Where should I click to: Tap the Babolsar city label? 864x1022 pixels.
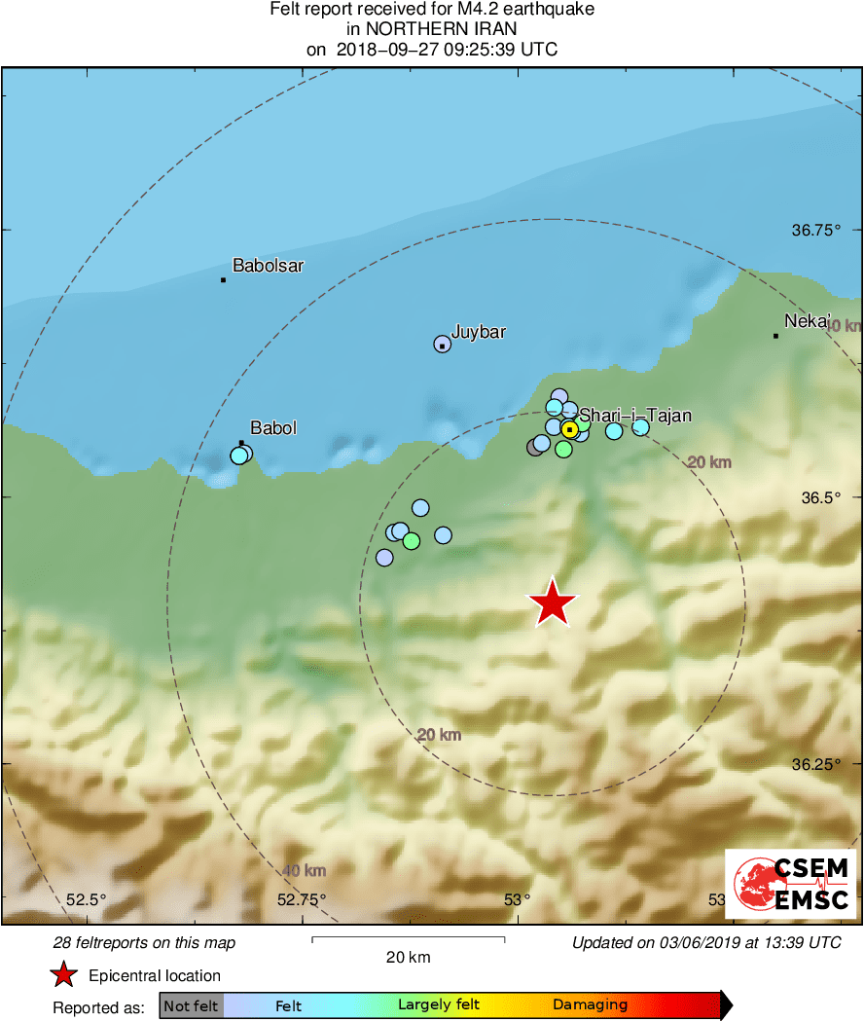(x=268, y=265)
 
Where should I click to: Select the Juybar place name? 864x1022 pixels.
(x=478, y=332)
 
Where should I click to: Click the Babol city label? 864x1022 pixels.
(x=273, y=427)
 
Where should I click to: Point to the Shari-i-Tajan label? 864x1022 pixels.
(x=635, y=416)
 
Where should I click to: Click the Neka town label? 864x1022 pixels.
(x=807, y=320)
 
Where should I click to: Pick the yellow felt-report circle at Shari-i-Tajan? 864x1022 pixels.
(x=570, y=428)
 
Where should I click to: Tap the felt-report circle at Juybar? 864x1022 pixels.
(x=442, y=344)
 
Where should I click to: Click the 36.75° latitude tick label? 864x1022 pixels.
(x=814, y=231)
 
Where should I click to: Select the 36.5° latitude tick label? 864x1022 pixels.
(x=819, y=497)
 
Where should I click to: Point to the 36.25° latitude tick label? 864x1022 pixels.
(x=814, y=764)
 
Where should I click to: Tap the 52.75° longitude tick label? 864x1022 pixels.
(x=302, y=899)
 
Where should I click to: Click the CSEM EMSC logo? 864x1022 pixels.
(x=790, y=884)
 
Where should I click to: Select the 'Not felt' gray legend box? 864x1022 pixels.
(x=192, y=1005)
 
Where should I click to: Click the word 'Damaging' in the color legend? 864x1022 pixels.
(x=590, y=1005)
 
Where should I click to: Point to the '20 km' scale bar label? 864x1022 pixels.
(x=408, y=958)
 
